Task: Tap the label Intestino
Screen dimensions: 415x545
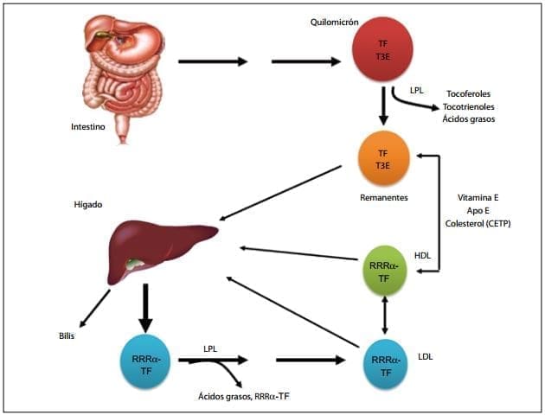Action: click(89, 127)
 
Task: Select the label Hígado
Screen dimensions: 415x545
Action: click(89, 205)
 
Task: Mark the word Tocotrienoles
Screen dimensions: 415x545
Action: click(470, 105)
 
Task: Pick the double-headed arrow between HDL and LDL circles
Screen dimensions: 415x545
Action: click(385, 314)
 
